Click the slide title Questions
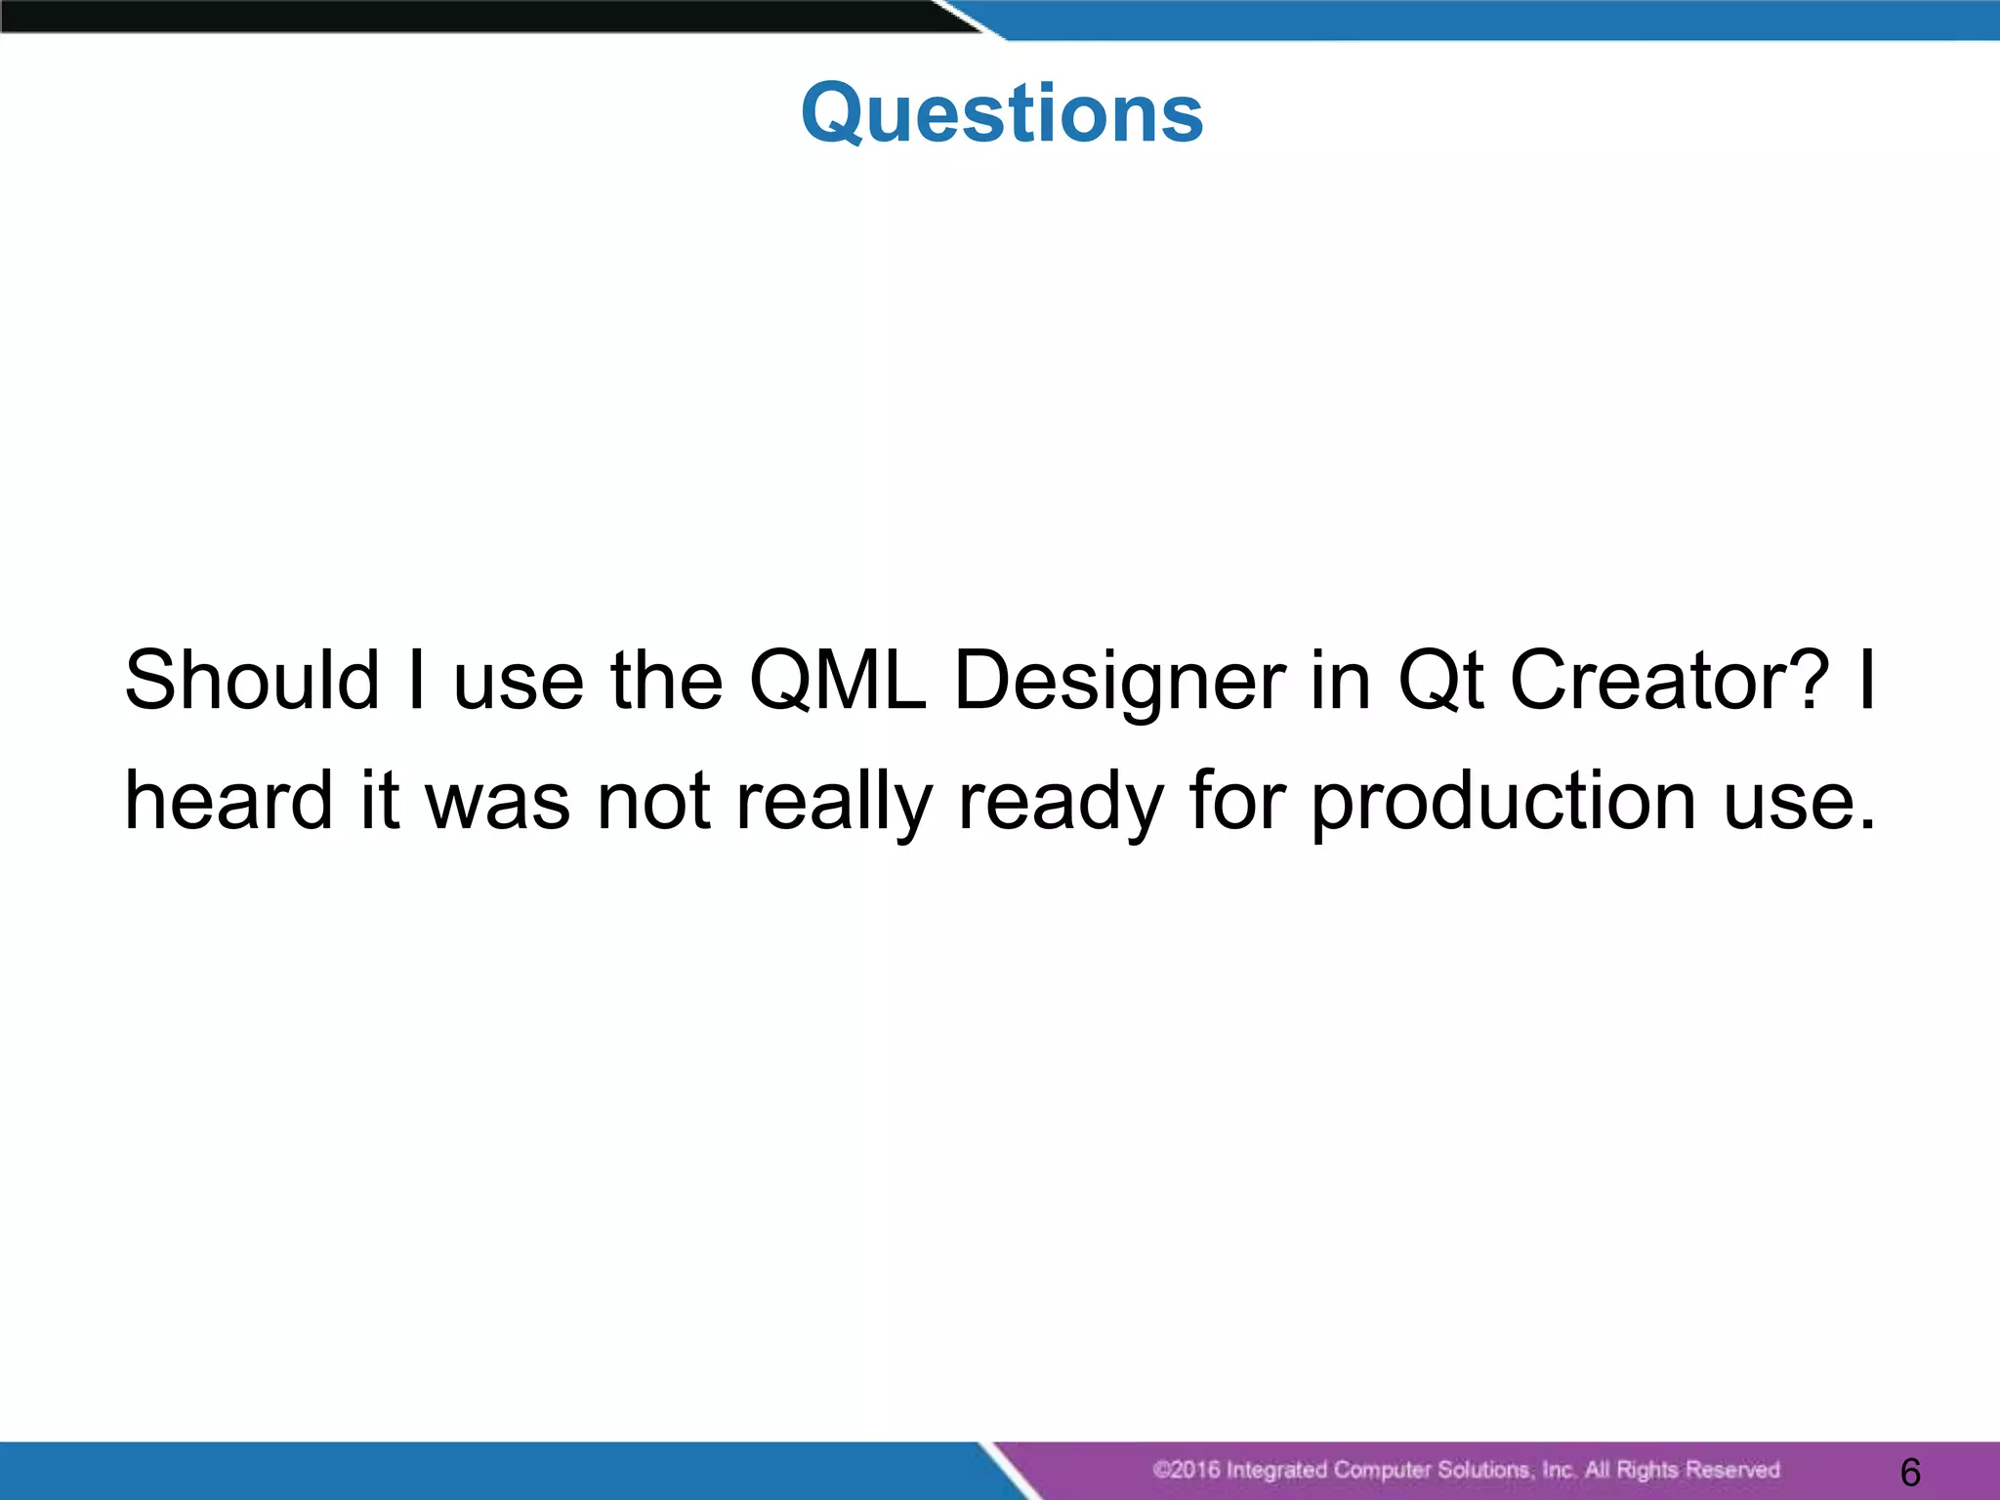(1002, 113)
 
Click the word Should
(252, 681)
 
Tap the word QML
(837, 681)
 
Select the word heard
(229, 801)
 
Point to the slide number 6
(1911, 1472)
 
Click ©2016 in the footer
(1186, 1470)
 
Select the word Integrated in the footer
(1276, 1470)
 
